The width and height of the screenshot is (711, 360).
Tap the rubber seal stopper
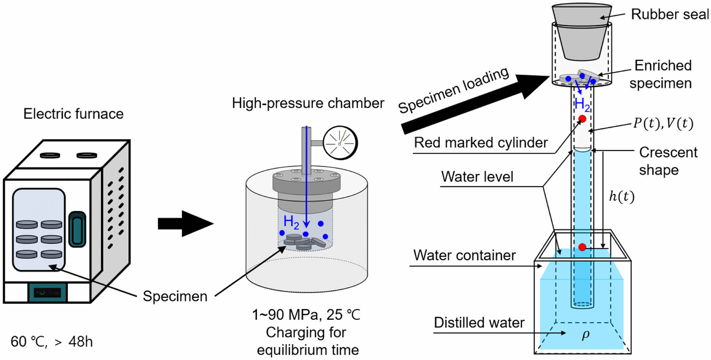pos(582,32)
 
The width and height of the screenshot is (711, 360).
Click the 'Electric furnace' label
pos(73,114)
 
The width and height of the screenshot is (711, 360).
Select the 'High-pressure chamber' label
pos(308,103)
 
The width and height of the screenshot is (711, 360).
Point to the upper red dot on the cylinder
pos(582,119)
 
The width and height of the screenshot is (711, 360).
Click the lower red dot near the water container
pos(582,247)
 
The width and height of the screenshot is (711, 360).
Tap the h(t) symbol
pos(621,196)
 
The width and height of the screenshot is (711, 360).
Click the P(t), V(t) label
pos(663,123)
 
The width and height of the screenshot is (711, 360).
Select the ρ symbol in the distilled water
pos(585,334)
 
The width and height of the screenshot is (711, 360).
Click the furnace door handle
pos(77,229)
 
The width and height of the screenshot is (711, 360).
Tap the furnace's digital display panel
pos(47,292)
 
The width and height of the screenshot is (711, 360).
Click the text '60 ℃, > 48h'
pos(52,342)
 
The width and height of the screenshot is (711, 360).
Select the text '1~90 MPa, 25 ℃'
pos(306,315)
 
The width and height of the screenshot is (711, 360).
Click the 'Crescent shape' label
pos(668,161)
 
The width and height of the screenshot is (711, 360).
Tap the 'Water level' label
pos(477,177)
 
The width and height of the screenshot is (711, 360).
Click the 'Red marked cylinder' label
pos(481,143)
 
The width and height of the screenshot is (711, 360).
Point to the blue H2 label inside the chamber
pos(291,222)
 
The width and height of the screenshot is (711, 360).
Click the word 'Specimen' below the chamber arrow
pos(175,296)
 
